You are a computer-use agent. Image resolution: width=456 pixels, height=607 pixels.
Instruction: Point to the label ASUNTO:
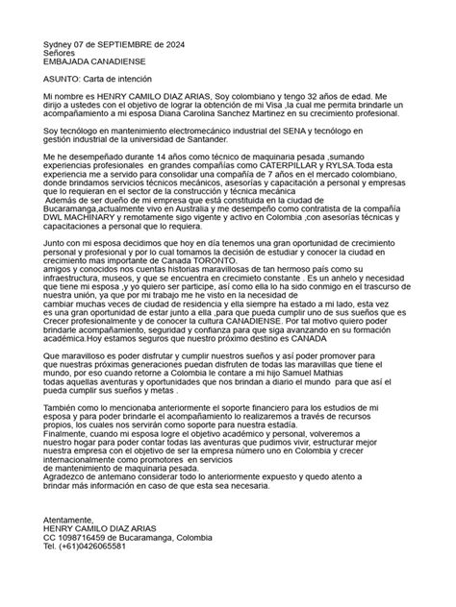click(65, 80)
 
